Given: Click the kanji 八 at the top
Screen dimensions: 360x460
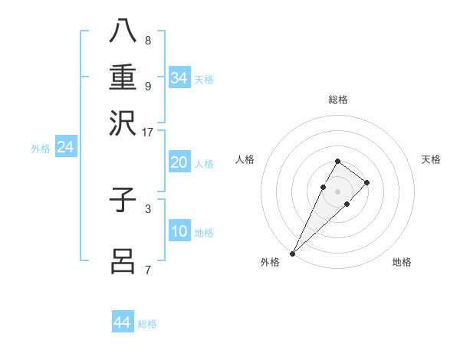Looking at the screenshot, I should click(123, 31).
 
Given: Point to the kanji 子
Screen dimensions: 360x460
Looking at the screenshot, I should click(123, 201).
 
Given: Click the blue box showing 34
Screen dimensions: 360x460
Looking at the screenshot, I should click(179, 78).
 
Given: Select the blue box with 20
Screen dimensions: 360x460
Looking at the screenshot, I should click(179, 163).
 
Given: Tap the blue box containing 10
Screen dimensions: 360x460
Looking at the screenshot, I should click(179, 232).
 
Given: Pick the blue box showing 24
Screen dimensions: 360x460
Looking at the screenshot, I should click(65, 147).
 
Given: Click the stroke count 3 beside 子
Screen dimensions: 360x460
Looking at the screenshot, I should click(147, 208).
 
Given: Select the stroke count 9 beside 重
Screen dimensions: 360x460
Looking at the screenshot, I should click(147, 86).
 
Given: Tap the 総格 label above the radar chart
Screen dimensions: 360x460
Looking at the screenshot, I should click(337, 100).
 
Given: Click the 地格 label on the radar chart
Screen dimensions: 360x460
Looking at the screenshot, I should click(402, 263).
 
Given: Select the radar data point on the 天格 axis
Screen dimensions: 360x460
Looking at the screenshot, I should click(367, 182).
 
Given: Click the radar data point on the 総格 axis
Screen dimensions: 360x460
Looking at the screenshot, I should click(337, 161).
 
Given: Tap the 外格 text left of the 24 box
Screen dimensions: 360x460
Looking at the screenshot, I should click(40, 149).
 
